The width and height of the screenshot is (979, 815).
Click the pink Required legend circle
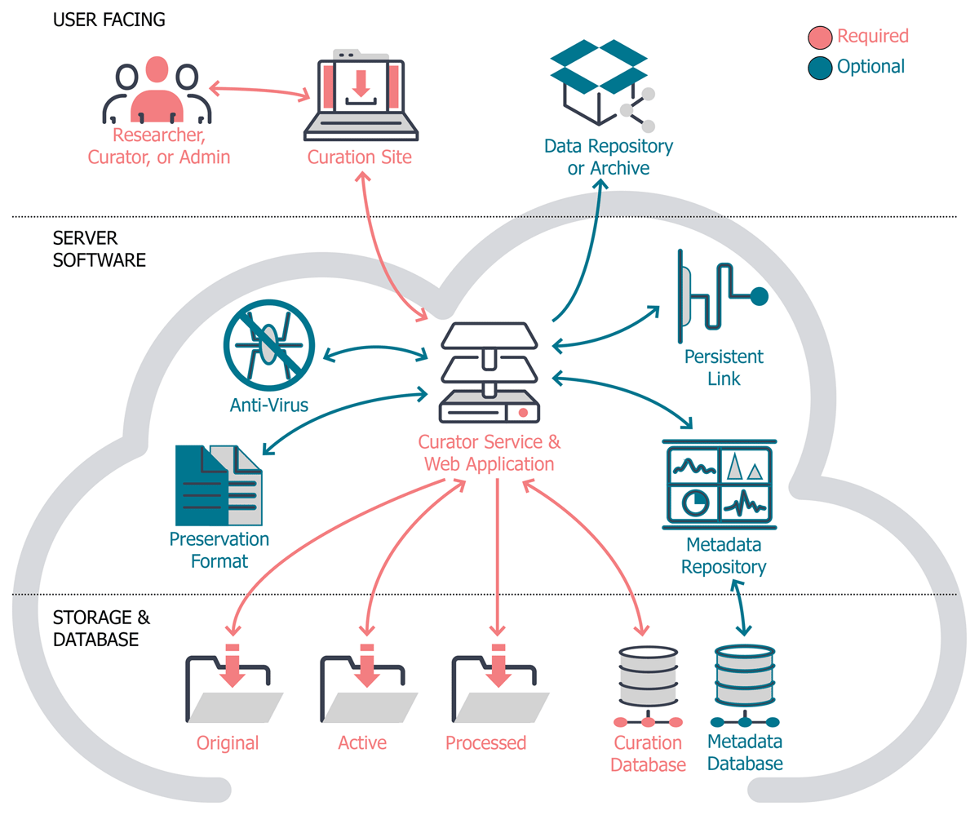819,38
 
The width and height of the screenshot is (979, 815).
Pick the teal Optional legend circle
819,67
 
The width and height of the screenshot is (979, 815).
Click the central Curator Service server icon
489,371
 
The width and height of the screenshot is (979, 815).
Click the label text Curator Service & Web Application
489,454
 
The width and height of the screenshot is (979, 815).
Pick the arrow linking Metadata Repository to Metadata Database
738,607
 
